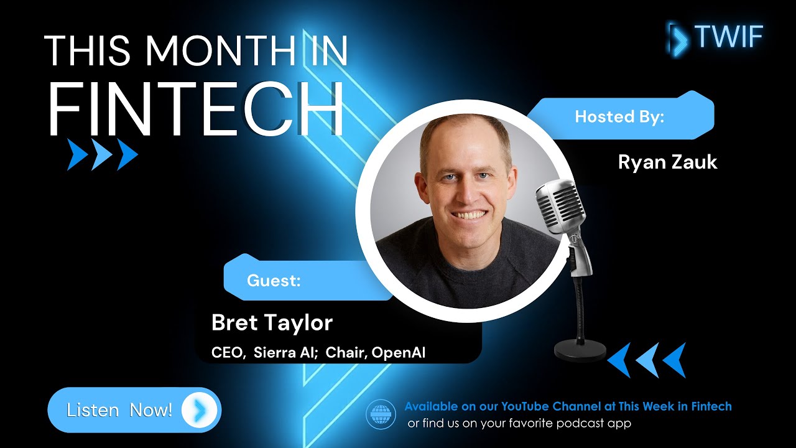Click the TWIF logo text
click(729, 37)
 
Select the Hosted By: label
click(619, 117)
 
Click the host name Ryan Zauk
click(667, 162)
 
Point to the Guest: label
click(274, 281)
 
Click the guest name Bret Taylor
click(272, 323)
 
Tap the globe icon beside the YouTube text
click(381, 414)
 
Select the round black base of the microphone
click(580, 351)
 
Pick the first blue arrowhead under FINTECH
click(77, 155)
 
